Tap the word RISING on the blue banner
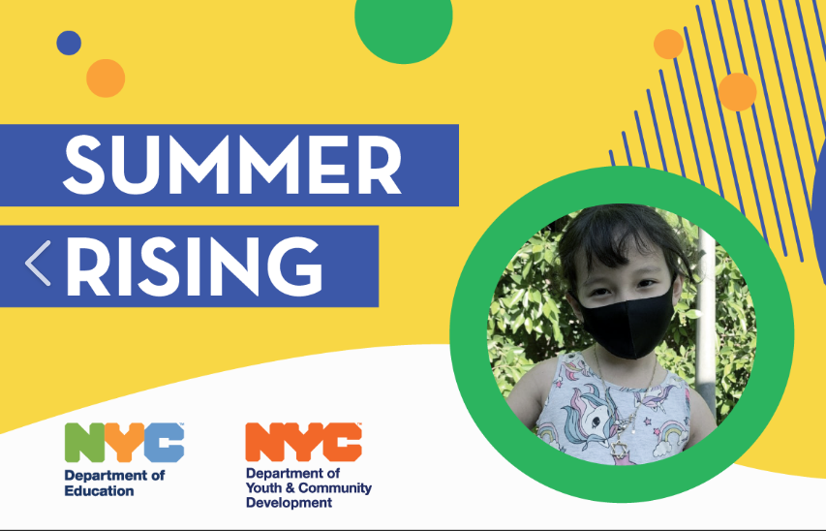coord(194,265)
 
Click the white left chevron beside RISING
coord(38,265)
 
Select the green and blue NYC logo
coord(124,444)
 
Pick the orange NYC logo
coord(303,442)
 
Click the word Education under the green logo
coord(100,490)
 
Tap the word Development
coord(289,503)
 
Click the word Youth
coord(266,488)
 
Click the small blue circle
coord(68,43)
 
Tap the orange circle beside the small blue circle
coord(106,78)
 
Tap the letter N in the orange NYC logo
coord(264,442)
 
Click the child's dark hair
coord(620,237)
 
